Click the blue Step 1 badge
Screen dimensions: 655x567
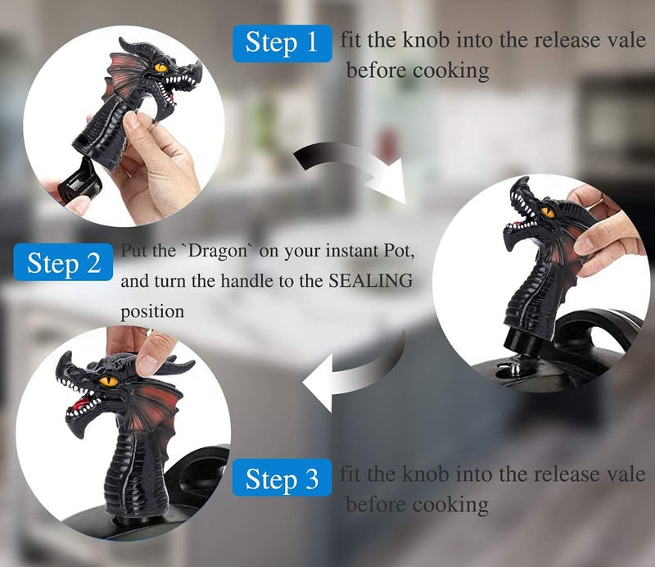click(x=282, y=43)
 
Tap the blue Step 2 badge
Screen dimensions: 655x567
click(x=63, y=262)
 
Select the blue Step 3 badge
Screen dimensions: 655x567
click(x=282, y=478)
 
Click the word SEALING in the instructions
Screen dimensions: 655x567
click(x=371, y=280)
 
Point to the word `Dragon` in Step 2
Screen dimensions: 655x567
click(x=218, y=251)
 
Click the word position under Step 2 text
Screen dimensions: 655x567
click(x=152, y=312)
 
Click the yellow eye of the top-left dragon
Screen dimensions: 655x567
click(x=160, y=67)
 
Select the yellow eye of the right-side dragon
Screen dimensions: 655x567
click(x=548, y=213)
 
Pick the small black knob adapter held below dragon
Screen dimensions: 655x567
click(x=80, y=186)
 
